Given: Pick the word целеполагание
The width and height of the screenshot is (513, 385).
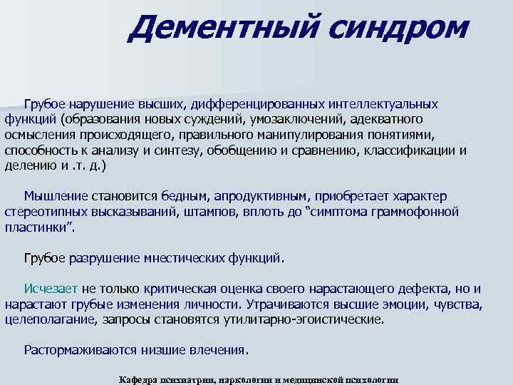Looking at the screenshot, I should (x=49, y=320).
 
